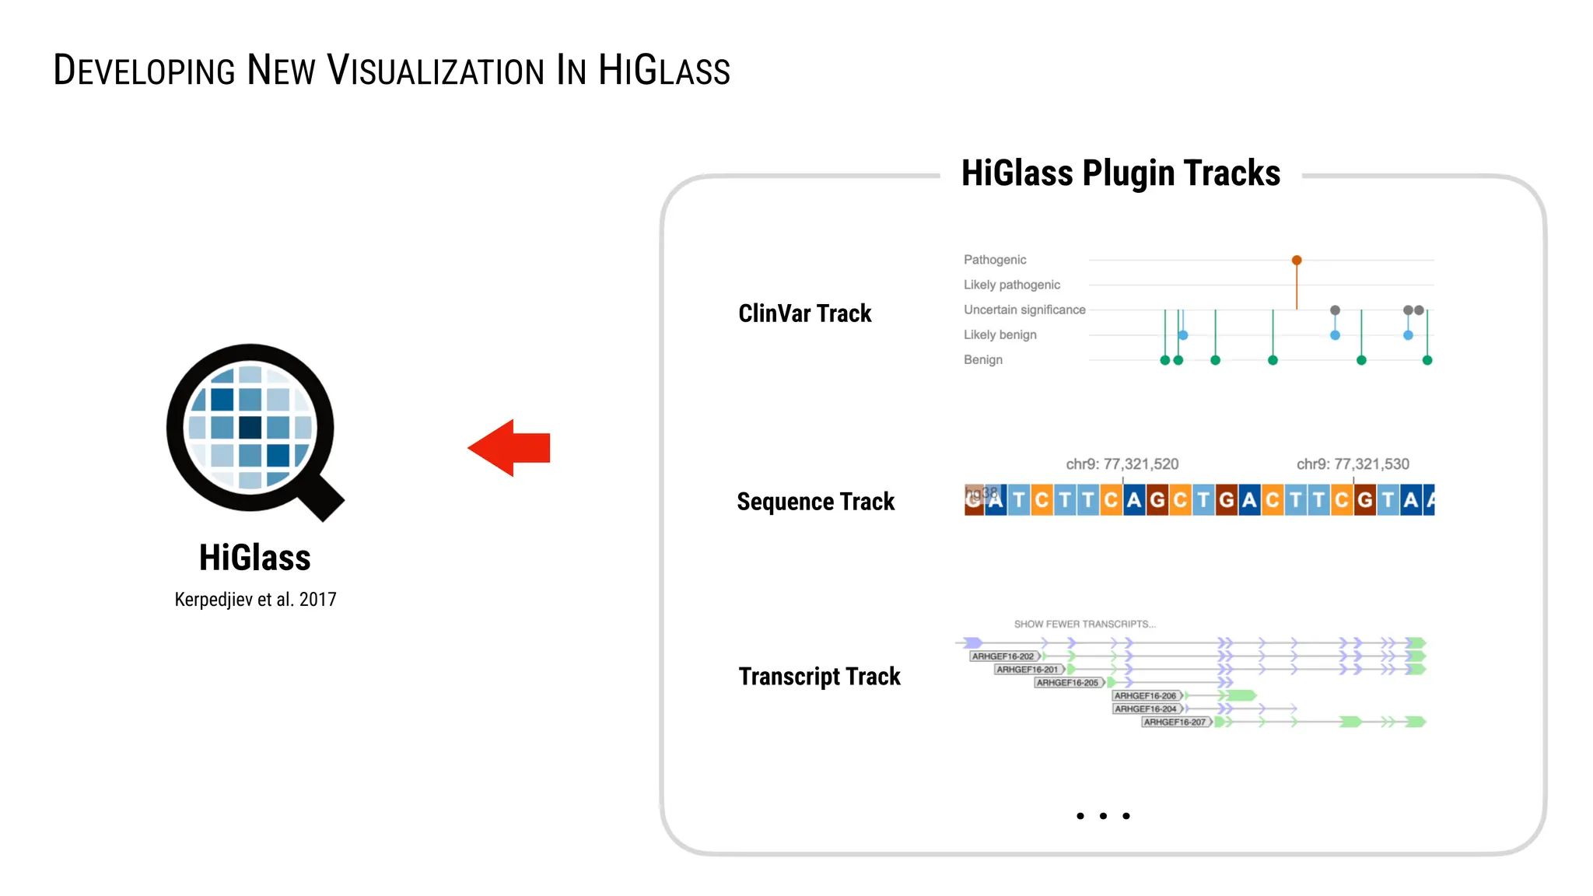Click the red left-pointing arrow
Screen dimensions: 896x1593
click(x=509, y=448)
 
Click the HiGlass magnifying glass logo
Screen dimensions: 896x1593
click(x=250, y=429)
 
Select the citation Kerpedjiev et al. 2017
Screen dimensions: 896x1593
click(x=255, y=600)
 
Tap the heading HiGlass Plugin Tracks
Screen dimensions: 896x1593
click(x=1120, y=173)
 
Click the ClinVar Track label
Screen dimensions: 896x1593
click(x=804, y=313)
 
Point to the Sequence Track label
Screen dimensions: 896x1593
click(x=815, y=502)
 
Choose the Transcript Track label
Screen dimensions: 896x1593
click(x=819, y=677)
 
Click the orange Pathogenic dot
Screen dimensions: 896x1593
click(x=1297, y=261)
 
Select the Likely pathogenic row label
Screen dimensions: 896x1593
click(x=1011, y=285)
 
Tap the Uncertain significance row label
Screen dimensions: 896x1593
click(x=1024, y=310)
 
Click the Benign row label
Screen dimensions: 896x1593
click(x=982, y=359)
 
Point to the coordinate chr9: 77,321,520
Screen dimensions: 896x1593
click(x=1122, y=464)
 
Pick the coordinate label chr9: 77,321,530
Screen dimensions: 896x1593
click(x=1353, y=464)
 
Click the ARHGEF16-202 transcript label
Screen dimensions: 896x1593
click(x=1003, y=656)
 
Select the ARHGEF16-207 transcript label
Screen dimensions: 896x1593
click(x=1175, y=723)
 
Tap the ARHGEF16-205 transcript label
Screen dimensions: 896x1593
click(x=1067, y=683)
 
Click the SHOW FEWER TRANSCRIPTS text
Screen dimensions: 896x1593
click(x=1084, y=624)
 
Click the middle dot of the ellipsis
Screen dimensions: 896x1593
click(x=1103, y=816)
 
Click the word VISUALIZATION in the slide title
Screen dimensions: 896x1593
click(x=436, y=71)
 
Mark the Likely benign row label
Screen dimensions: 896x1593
click(x=1000, y=334)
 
